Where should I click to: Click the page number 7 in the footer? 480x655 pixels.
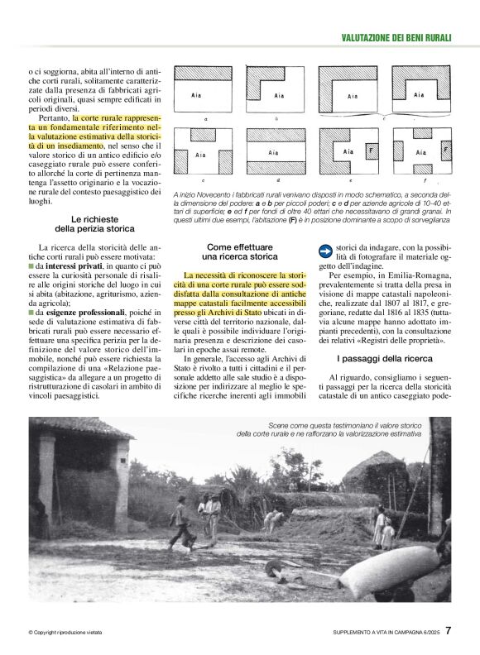click(x=448, y=630)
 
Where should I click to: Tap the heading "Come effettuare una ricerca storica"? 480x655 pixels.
click(x=242, y=251)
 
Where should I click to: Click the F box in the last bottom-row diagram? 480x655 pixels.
click(x=445, y=151)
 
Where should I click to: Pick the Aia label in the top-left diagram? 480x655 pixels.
click(x=199, y=96)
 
